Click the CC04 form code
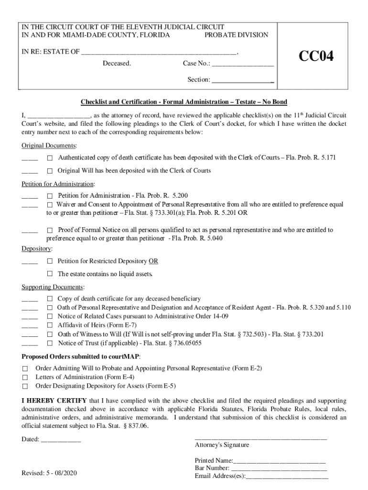click(316, 56)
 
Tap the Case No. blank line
click(243, 64)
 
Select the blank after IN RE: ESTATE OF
click(159, 52)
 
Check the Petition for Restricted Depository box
click(50, 262)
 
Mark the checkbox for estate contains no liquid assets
click(50, 274)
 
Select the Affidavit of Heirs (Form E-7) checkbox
click(50, 325)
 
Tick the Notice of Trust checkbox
click(50, 344)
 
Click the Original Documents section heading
click(49, 145)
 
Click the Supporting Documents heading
click(53, 287)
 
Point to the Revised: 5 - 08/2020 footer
click(49, 473)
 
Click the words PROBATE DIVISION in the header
click(236, 35)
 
